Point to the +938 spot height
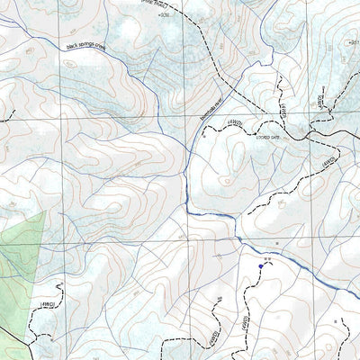pos(162,15)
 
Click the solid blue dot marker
pos(261,265)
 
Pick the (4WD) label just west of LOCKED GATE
pos(236,125)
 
